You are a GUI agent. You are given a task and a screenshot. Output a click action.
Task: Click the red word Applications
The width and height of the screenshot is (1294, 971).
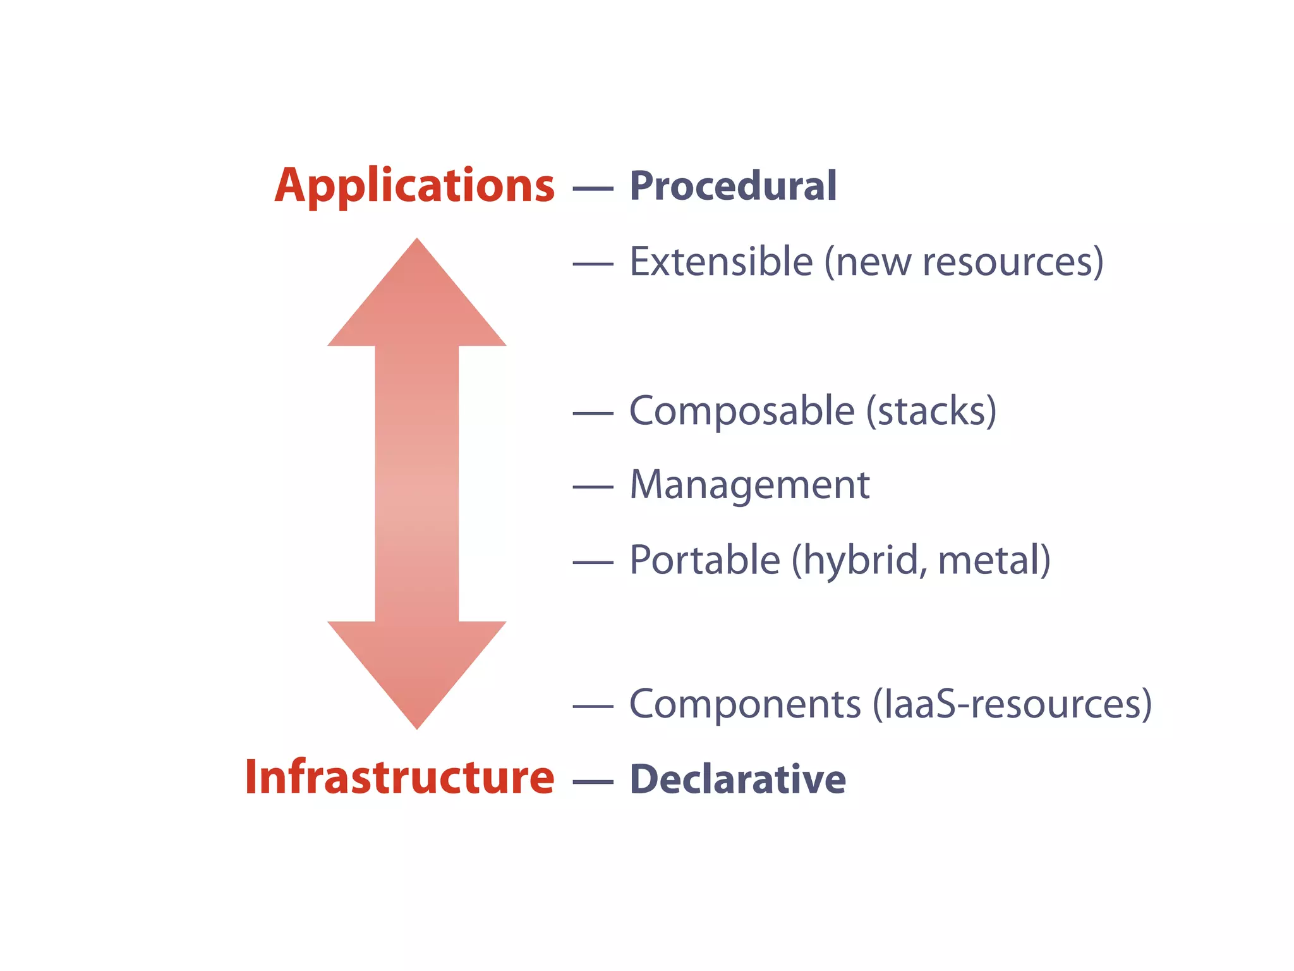point(414,186)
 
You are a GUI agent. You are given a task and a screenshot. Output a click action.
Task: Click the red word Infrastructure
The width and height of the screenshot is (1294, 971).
point(399,777)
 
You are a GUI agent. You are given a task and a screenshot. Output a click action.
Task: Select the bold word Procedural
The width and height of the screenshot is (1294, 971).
point(733,186)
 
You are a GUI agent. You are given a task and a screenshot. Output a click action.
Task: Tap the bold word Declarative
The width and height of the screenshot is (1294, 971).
point(737,779)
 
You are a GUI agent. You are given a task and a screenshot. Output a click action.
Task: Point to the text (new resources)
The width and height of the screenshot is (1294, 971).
point(964,262)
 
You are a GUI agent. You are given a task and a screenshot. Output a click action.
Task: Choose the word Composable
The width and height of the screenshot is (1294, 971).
point(742,411)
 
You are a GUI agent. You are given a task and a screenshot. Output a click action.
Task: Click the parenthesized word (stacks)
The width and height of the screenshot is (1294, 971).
point(931,412)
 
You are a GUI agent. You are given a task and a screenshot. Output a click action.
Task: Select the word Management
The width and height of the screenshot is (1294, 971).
point(749,485)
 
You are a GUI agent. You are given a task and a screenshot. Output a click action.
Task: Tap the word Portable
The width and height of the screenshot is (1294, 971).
point(705,560)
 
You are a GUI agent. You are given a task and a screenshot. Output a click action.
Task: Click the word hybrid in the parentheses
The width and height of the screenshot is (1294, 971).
point(860,561)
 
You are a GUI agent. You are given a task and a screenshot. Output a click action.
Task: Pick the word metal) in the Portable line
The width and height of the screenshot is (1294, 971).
point(995,561)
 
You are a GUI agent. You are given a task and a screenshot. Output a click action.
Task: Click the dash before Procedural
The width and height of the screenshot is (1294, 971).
point(593,188)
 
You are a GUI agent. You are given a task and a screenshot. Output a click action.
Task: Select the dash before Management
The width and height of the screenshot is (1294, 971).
point(593,487)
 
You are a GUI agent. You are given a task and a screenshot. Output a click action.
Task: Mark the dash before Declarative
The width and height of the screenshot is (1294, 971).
point(593,782)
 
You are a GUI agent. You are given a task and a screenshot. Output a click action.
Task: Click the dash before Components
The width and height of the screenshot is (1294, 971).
point(593,706)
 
